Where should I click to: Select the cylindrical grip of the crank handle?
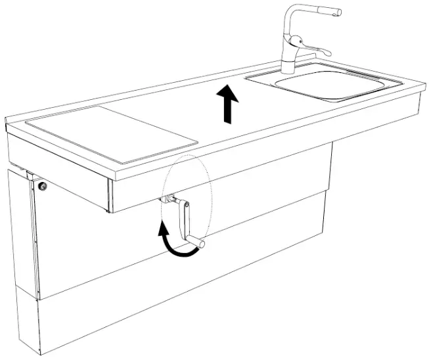(x=196, y=244)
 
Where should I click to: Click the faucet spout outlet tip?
(x=336, y=12)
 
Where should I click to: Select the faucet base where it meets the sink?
(x=288, y=68)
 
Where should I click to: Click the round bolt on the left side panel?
(x=43, y=187)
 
